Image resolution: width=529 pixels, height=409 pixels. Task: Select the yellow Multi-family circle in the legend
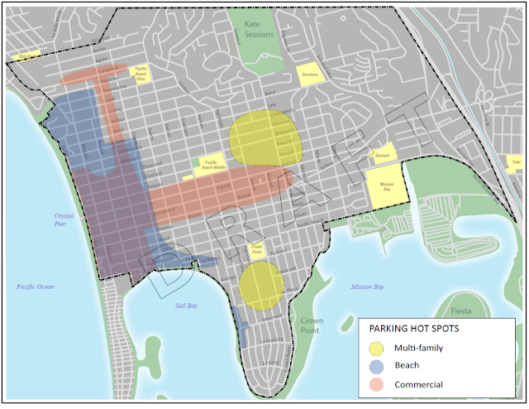click(x=379, y=348)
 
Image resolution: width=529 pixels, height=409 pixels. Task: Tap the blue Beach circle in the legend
click(x=379, y=365)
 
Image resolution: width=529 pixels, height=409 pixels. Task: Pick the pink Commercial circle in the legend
click(x=379, y=384)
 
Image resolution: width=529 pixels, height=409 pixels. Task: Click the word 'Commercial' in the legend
click(x=419, y=384)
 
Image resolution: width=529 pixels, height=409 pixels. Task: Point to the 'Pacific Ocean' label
click(x=35, y=286)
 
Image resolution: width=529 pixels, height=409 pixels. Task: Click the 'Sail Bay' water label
click(x=186, y=306)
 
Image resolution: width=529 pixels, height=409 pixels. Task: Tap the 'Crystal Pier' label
click(x=54, y=219)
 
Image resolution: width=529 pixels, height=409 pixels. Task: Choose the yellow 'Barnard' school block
click(x=383, y=155)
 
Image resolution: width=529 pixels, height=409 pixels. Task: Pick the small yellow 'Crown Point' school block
click(x=256, y=248)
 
